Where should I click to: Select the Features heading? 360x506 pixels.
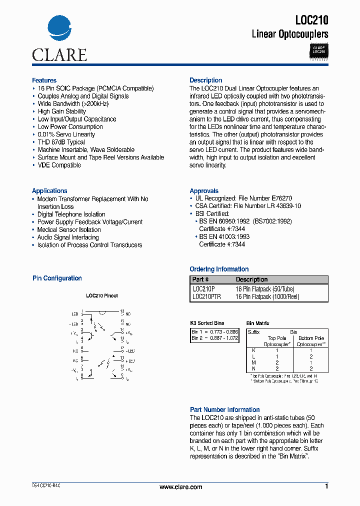[44, 80]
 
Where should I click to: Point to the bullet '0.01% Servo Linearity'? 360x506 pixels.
[66, 134]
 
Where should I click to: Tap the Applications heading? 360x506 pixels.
[49, 191]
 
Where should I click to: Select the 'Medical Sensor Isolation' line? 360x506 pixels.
[69, 230]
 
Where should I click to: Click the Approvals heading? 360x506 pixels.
[204, 191]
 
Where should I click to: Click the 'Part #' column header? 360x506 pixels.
[200, 279]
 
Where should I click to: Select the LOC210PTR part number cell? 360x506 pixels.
[206, 296]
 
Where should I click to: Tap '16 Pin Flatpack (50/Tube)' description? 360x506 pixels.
[265, 289]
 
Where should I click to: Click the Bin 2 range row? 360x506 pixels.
[214, 338]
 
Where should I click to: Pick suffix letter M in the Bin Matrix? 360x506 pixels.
[254, 362]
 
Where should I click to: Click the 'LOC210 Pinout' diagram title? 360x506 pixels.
[101, 295]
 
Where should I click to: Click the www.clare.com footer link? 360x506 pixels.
[180, 487]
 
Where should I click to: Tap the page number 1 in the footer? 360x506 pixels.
[326, 486]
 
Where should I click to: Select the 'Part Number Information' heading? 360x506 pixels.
[224, 409]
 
